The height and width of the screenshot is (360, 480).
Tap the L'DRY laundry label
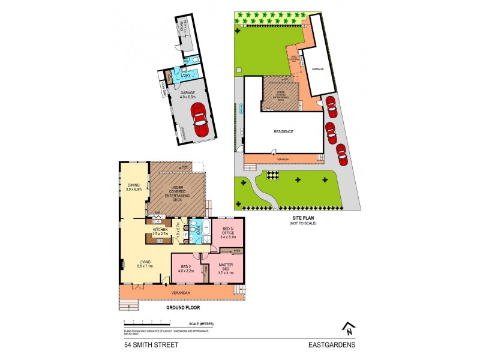(x=187, y=76)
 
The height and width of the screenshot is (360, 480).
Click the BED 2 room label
(x=184, y=269)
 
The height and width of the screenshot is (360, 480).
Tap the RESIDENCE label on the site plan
(x=284, y=131)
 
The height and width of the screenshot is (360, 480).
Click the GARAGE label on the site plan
(x=317, y=69)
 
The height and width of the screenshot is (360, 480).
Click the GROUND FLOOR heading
(x=182, y=307)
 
